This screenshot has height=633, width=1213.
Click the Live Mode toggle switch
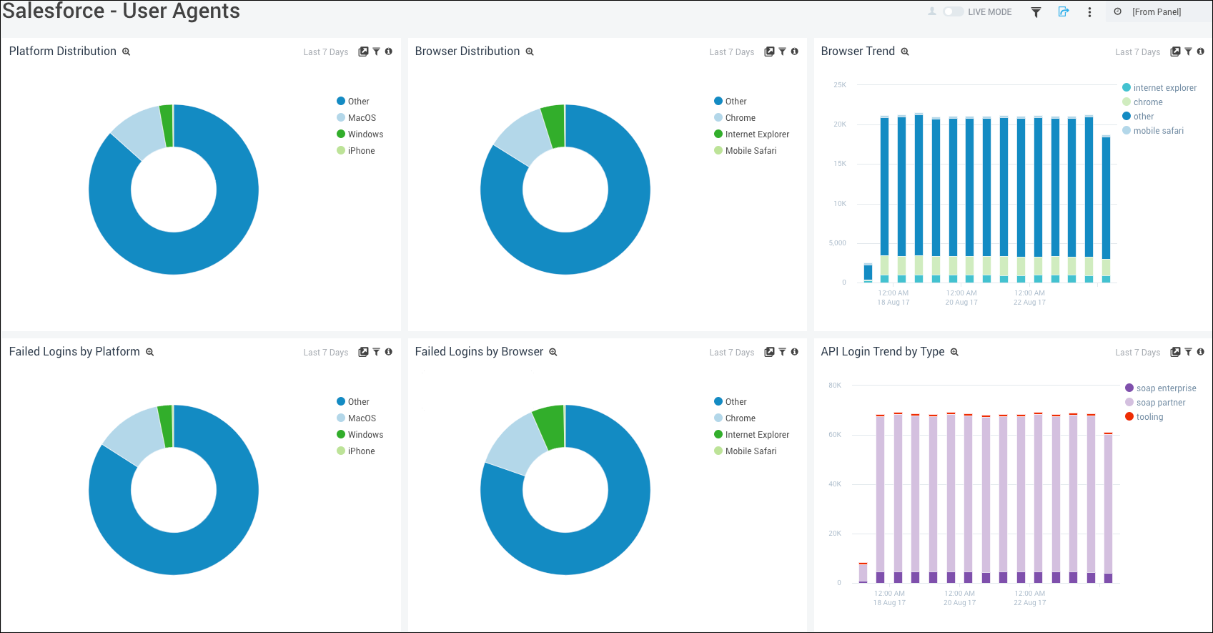pos(953,11)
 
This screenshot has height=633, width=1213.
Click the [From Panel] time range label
pos(1156,12)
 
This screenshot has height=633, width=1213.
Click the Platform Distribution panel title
pos(63,51)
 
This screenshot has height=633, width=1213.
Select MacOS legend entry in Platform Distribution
pos(361,118)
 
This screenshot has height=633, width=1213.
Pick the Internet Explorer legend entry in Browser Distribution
pos(756,134)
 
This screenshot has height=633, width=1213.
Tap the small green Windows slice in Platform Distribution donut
pos(167,126)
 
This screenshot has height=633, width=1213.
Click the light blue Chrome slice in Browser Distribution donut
pos(522,136)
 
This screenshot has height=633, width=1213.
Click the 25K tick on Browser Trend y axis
pos(839,85)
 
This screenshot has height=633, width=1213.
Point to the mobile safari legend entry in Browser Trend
pos(1158,131)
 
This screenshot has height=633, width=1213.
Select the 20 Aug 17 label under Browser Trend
pos(961,303)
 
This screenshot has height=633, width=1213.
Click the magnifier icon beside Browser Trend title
pos(905,52)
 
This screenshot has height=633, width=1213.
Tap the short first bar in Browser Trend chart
pos(868,273)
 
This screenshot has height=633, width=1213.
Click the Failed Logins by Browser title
pos(479,352)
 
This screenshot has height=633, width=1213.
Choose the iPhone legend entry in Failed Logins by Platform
pos(361,451)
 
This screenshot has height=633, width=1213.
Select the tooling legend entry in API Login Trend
pos(1149,417)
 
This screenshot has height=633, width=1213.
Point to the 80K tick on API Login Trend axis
pos(835,386)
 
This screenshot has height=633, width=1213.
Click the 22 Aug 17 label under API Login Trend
pos(1029,603)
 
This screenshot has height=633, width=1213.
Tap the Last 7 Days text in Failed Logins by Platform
pos(325,353)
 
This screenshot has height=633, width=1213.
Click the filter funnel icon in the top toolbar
pos(1036,12)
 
